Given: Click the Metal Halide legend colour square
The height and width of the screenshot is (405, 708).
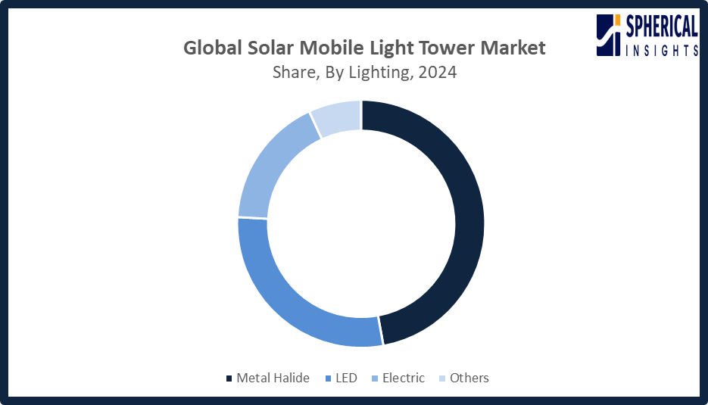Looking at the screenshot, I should pyautogui.click(x=229, y=379).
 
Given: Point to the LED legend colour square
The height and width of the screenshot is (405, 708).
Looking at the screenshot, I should pyautogui.click(x=327, y=379).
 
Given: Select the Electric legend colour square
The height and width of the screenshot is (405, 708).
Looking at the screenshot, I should pyautogui.click(x=374, y=379).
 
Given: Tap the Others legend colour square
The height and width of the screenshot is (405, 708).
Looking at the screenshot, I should pyautogui.click(x=441, y=379).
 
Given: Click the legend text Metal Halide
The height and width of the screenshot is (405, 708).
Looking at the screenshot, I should pyautogui.click(x=273, y=378).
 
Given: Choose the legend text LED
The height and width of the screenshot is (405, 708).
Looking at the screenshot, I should pyautogui.click(x=346, y=378).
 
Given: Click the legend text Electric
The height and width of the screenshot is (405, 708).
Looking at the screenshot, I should pyautogui.click(x=404, y=378).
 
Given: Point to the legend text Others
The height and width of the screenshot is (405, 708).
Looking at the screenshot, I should pyautogui.click(x=469, y=378).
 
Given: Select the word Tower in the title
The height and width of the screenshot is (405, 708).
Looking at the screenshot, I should pyautogui.click(x=451, y=48).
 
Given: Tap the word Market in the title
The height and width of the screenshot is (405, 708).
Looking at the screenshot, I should pyautogui.click(x=516, y=48).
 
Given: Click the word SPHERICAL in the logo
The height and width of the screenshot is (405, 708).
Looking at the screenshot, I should pyautogui.click(x=661, y=28).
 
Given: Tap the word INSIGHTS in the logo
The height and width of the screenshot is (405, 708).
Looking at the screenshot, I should pyautogui.click(x=661, y=50).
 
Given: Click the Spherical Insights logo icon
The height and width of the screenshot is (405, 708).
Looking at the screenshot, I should pyautogui.click(x=608, y=35).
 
